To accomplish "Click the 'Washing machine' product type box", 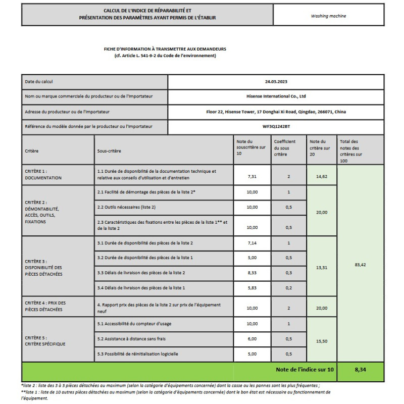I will pyautogui.click(x=329, y=16).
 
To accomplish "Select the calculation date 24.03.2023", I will pyautogui.click(x=275, y=81).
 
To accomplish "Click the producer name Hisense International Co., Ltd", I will pyautogui.click(x=276, y=96).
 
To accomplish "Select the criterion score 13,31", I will pyautogui.click(x=322, y=268).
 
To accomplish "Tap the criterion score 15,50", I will pyautogui.click(x=322, y=341).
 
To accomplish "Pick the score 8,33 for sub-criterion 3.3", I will pyautogui.click(x=252, y=273).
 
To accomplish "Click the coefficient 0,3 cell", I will pyautogui.click(x=288, y=273).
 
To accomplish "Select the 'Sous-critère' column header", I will pyautogui.click(x=109, y=151).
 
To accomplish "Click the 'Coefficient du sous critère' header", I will pyautogui.click(x=285, y=148).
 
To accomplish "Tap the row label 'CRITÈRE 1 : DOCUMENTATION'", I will pyautogui.click(x=43, y=175).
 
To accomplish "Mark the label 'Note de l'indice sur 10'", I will pyautogui.click(x=305, y=370).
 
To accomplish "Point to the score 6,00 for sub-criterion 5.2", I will pyautogui.click(x=252, y=338).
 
